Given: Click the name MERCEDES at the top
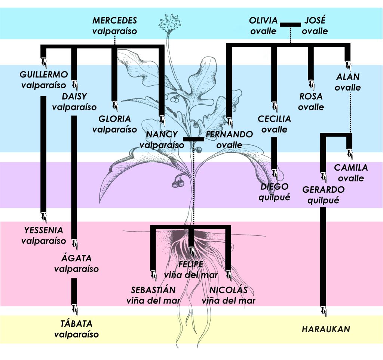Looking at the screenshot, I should coord(115,20).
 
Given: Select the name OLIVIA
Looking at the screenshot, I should coord(264,20).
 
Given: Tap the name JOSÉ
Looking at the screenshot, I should coord(315,20).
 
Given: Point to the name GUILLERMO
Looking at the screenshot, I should coord(44,74).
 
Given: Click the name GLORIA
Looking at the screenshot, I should coord(114,119).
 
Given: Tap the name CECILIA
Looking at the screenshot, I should coord(274,119).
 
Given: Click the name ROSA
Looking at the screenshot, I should coord(311,97).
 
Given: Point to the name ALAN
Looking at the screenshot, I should coord(348,77).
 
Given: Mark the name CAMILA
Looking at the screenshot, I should coord(350,168).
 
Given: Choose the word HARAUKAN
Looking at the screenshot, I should coord(326,329).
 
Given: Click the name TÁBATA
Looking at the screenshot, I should coord(76,324).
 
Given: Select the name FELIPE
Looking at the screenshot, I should coord(191,264).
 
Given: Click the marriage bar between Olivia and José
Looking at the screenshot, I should coord(290,25).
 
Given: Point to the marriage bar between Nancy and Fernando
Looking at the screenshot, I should coord(193,139).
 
